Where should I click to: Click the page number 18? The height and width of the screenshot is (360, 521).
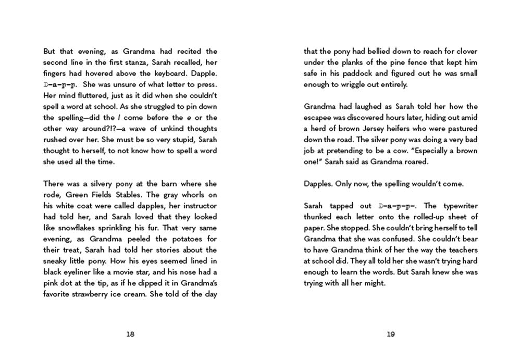[130, 334]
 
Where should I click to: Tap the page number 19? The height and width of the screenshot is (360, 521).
[391, 334]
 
